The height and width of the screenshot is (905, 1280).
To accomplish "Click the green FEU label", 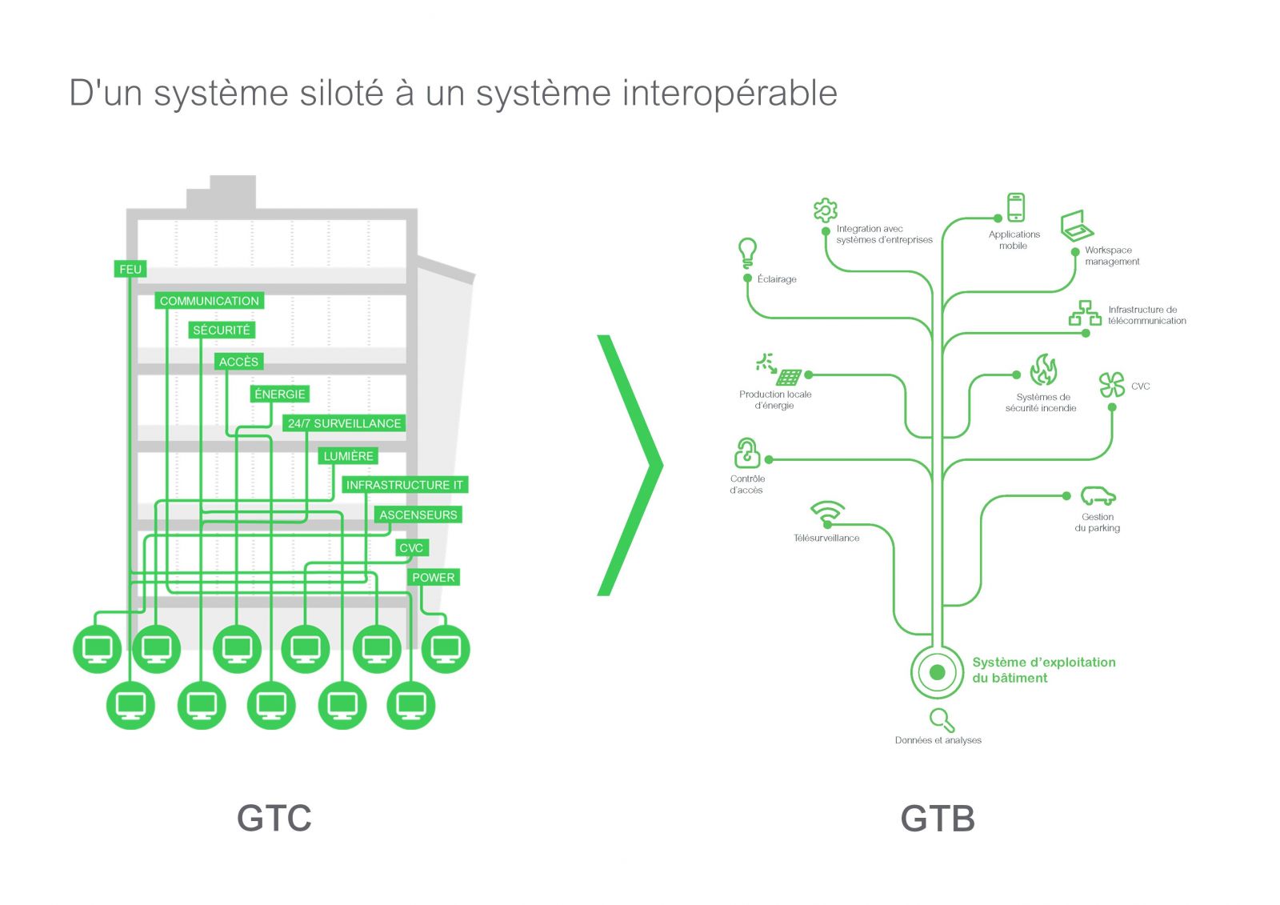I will click(x=130, y=269).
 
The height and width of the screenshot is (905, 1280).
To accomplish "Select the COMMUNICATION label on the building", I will click(x=209, y=301).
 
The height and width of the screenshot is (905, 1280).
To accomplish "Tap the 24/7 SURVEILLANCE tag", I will click(x=344, y=423).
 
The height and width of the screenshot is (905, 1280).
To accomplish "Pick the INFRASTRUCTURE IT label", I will click(x=404, y=485).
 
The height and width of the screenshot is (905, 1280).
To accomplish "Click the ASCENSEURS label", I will click(x=418, y=515).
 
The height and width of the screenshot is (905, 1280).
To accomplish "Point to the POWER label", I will click(x=433, y=577).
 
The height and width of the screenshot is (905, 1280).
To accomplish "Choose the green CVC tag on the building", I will click(x=411, y=547).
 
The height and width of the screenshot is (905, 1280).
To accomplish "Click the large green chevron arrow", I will click(x=631, y=465).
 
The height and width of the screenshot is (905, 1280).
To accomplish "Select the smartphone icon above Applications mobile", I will click(x=1015, y=207).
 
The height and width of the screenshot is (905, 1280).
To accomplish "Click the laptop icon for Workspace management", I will click(x=1077, y=226).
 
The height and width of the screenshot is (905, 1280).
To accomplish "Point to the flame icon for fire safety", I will click(x=1043, y=370).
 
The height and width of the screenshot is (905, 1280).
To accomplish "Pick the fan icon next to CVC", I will click(x=1111, y=385).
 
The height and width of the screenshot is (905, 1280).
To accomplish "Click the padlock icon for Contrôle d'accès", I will click(x=747, y=453).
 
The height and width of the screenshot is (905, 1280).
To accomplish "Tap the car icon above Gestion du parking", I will click(x=1098, y=496).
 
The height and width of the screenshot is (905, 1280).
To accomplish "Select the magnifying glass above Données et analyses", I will click(x=942, y=720).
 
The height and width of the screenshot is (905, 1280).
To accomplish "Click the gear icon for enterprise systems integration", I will click(x=825, y=210).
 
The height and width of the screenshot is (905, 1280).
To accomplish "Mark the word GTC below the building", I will click(x=274, y=818).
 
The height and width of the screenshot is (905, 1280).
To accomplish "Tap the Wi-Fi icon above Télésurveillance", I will click(x=827, y=512).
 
